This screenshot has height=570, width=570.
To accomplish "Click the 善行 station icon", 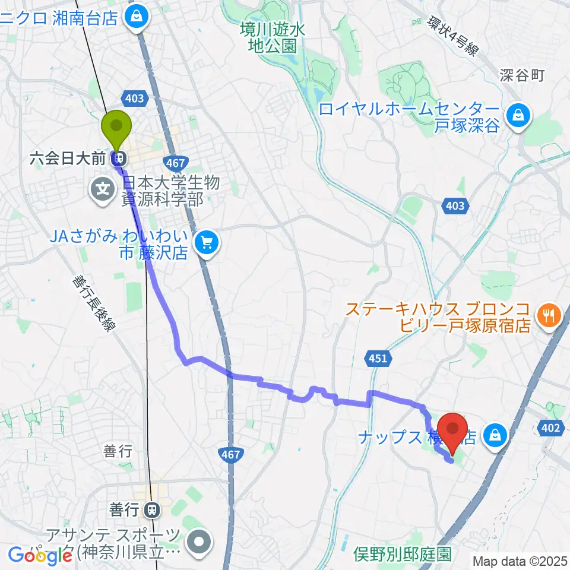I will (153, 509).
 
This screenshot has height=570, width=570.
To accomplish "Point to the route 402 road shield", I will (552, 426).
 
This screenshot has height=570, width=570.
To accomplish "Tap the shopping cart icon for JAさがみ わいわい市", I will (206, 241).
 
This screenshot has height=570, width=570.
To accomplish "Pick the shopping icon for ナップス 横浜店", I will (493, 437).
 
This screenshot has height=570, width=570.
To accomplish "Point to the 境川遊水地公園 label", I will (273, 37).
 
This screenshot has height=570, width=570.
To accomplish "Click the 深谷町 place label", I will (522, 75).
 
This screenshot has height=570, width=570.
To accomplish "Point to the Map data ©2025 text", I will (520, 560).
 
